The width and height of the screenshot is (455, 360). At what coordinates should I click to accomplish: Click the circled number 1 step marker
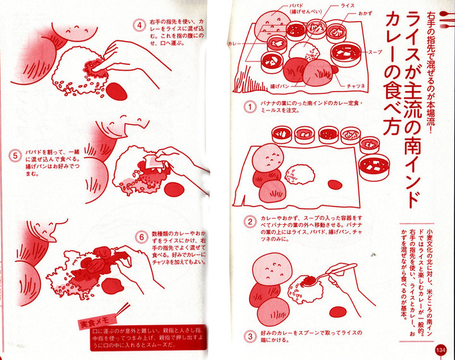pos(251,107)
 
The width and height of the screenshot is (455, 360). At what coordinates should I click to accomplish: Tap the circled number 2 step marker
pos(251,222)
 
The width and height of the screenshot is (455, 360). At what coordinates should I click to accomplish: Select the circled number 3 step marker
pos(251,335)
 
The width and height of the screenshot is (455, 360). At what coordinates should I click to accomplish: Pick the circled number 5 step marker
pos(15,154)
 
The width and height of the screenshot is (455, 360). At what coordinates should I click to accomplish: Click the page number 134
pos(440,351)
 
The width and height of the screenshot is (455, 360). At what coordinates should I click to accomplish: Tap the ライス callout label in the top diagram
pos(347,5)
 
